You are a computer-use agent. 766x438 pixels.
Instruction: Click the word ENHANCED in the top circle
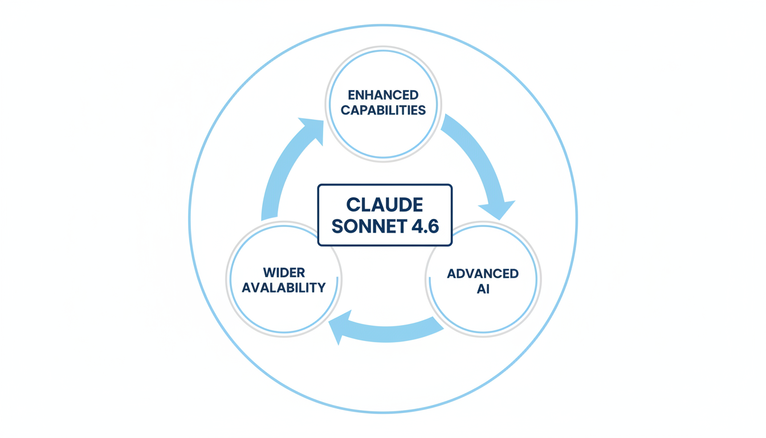click(x=383, y=95)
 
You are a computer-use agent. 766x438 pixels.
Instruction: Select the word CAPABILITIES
click(x=383, y=110)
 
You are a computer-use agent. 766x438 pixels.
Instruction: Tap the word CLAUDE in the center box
click(x=385, y=205)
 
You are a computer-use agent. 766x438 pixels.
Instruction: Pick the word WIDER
click(x=284, y=272)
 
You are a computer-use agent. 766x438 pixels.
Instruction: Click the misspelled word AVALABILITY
click(x=284, y=287)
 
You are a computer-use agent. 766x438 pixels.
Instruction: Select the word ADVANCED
click(x=483, y=274)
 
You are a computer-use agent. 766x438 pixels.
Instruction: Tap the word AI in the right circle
click(x=483, y=289)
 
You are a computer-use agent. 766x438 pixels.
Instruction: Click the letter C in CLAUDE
click(x=353, y=205)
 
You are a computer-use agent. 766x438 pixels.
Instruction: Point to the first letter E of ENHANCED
click(x=351, y=95)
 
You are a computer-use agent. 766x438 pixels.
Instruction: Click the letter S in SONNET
click(x=337, y=226)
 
